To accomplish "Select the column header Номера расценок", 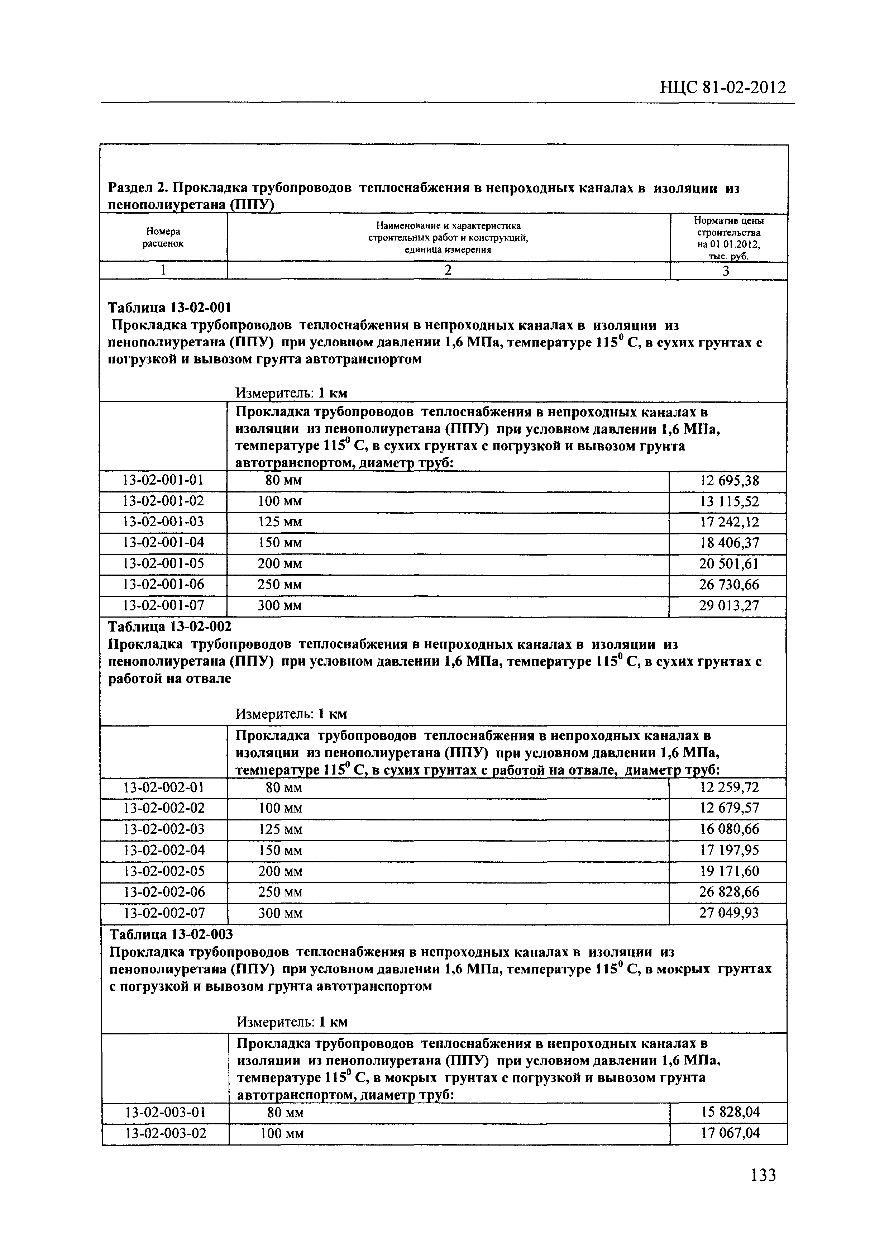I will click(163, 238).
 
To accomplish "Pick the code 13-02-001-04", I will click(163, 543).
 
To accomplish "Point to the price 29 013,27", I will click(729, 605).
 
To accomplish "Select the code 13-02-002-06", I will click(164, 892).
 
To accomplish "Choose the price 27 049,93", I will click(729, 913).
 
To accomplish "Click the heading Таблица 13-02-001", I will click(170, 307).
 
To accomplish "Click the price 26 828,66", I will click(729, 892).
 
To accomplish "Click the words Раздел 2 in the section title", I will click(137, 188).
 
